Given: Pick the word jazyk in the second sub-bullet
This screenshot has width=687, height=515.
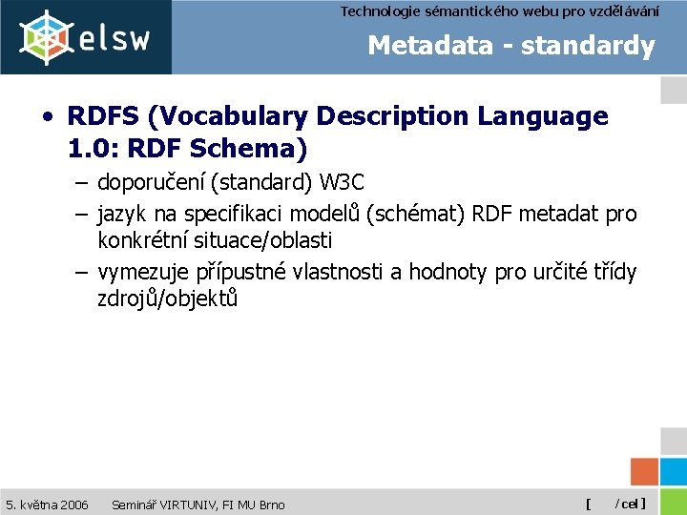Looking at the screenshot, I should coord(121,215).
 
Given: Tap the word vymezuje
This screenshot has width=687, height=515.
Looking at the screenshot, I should coord(142,272).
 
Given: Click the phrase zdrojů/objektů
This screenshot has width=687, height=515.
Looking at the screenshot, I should coord(167,299).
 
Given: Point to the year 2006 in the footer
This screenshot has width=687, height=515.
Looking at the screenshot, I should coord(73,504).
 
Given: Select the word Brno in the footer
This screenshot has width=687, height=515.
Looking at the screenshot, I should coord(268,504).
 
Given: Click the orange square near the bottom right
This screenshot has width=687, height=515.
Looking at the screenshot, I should coord(645,472).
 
